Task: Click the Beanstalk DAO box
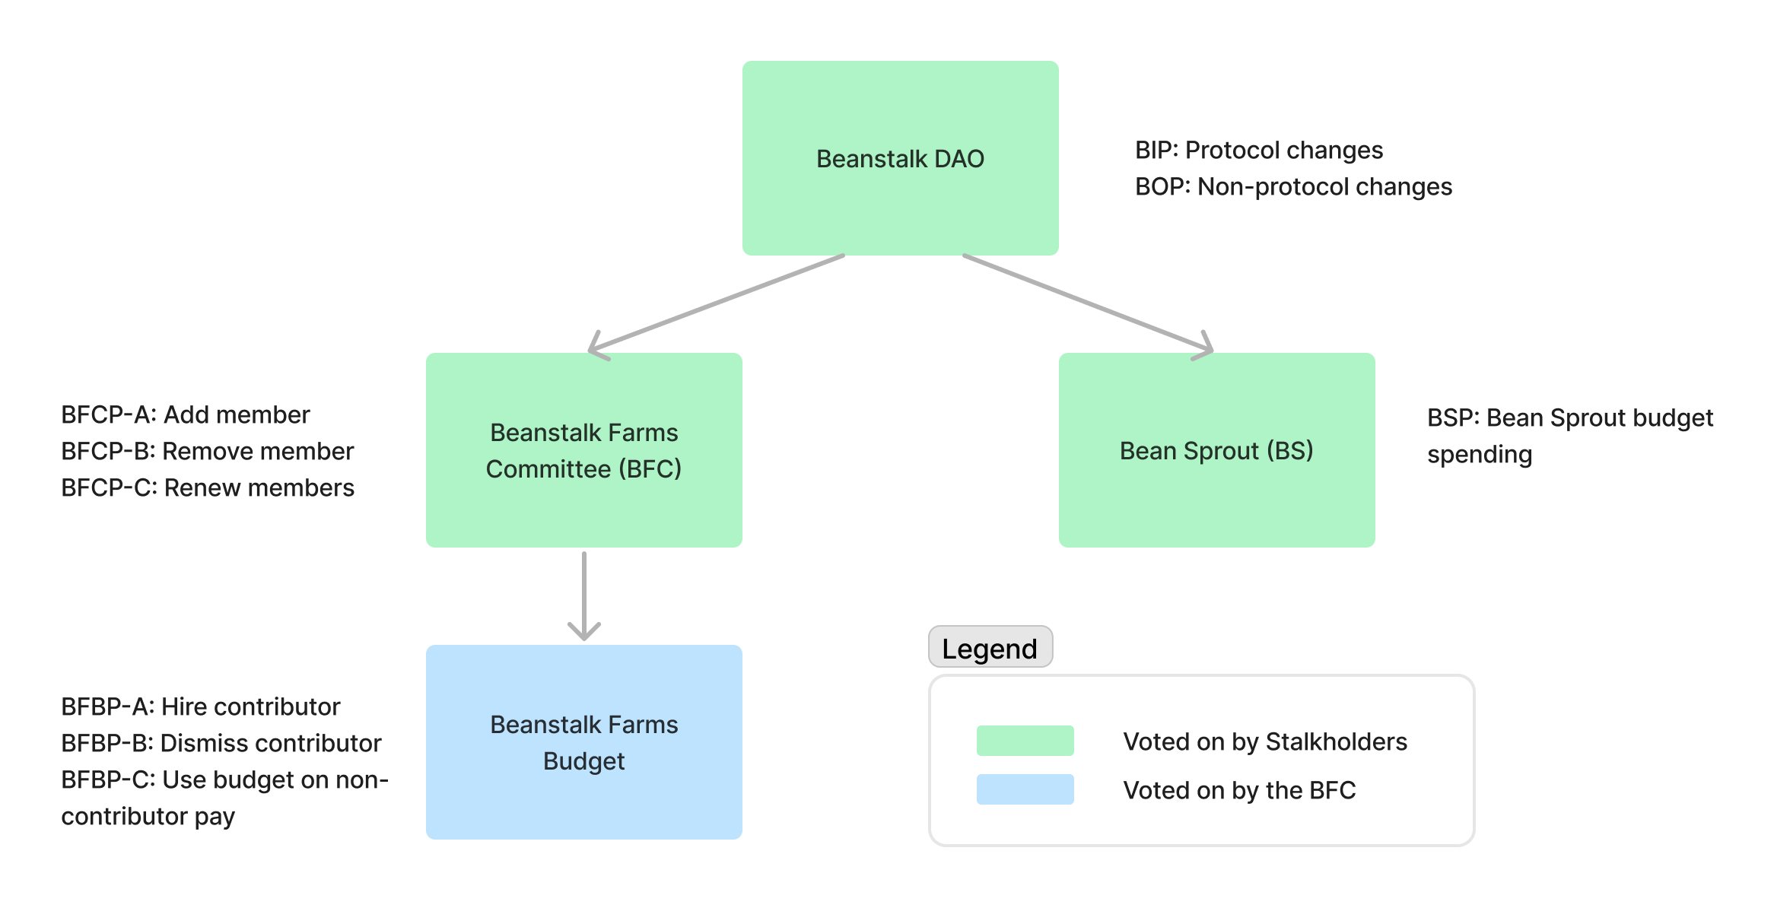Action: click(900, 158)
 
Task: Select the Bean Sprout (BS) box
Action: click(1216, 450)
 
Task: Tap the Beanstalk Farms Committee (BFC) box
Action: click(583, 450)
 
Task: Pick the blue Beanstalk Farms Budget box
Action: click(583, 742)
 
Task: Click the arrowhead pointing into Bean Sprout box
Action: click(1204, 348)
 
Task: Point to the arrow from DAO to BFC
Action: click(715, 304)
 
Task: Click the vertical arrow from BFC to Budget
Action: click(583, 593)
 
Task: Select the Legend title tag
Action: click(990, 648)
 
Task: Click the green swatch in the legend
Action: click(1025, 741)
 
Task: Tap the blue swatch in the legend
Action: click(1025, 789)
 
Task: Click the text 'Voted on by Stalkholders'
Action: click(1264, 741)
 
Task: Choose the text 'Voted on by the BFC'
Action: click(1239, 790)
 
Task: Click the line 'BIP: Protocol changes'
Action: click(1258, 151)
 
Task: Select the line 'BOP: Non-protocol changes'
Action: click(1293, 187)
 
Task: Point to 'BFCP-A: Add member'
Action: click(185, 415)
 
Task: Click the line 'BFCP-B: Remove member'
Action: click(207, 452)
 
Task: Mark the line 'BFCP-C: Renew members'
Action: click(207, 488)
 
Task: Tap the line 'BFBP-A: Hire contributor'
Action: click(200, 707)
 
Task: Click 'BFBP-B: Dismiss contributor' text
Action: click(221, 744)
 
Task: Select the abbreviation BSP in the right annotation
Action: click(1450, 418)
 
